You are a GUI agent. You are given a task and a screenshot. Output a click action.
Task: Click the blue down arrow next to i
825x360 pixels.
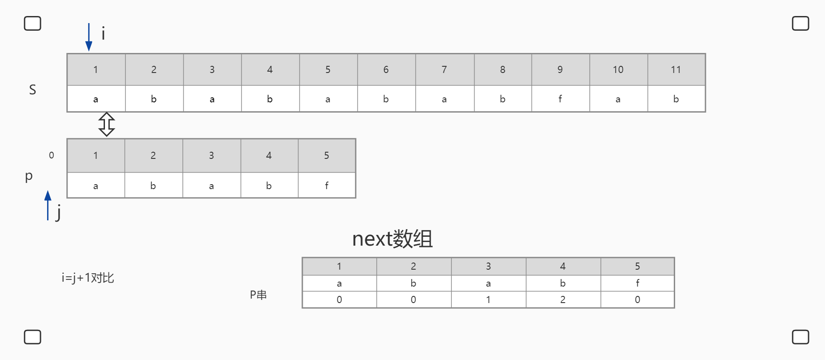click(x=89, y=37)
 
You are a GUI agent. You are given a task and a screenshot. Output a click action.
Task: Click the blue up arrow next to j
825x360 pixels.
click(x=48, y=205)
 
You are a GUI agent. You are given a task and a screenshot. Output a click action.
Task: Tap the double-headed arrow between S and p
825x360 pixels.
click(x=107, y=124)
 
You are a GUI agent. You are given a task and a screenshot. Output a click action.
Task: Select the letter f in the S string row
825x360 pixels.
click(x=560, y=99)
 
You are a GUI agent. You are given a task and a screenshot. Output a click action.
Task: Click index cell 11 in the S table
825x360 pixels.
click(x=676, y=69)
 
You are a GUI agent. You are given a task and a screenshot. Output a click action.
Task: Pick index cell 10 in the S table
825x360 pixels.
click(x=618, y=69)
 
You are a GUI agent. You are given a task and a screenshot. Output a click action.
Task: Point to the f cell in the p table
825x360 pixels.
click(x=327, y=186)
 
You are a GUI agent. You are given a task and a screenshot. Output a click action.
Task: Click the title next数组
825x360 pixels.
click(x=392, y=239)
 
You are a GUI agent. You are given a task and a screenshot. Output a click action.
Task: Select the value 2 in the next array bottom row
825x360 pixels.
click(x=563, y=299)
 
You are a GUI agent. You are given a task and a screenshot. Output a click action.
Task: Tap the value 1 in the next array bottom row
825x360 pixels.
click(x=488, y=299)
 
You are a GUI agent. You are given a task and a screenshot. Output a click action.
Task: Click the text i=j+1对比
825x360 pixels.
click(x=88, y=278)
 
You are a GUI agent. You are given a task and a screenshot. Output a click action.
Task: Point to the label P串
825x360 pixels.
click(x=258, y=295)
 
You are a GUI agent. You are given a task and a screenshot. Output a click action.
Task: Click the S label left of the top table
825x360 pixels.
click(x=32, y=90)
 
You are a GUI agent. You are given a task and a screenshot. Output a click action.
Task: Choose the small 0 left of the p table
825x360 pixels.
click(x=52, y=155)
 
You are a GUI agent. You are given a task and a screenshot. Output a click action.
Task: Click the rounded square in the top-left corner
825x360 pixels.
click(x=32, y=23)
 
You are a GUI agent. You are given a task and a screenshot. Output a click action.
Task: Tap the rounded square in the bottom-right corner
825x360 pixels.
click(x=801, y=337)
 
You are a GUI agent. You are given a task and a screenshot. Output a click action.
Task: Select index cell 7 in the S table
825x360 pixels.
click(x=444, y=69)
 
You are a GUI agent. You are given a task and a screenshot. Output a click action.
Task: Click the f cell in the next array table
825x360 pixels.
click(x=638, y=283)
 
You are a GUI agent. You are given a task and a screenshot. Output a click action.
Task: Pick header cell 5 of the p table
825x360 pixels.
click(x=327, y=155)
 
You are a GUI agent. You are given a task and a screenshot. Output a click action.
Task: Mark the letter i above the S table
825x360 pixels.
click(x=103, y=33)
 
